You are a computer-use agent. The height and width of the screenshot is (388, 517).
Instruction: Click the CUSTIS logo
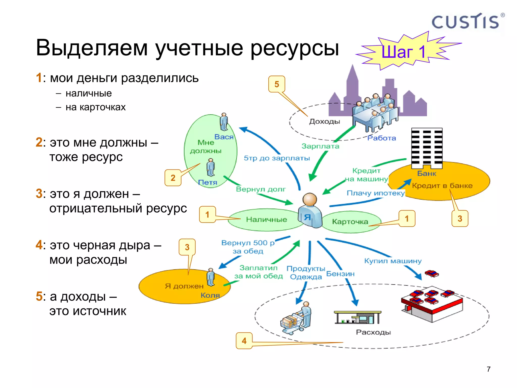(466, 22)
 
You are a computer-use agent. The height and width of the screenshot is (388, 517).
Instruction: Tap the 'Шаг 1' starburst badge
(404, 52)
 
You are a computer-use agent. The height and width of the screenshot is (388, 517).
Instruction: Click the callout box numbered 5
(277, 84)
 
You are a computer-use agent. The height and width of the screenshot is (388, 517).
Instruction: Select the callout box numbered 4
(244, 341)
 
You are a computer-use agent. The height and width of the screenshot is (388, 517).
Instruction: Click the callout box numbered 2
(173, 178)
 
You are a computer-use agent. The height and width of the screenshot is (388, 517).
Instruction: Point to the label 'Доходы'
(325, 122)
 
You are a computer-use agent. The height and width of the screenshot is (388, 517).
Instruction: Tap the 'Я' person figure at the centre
(310, 211)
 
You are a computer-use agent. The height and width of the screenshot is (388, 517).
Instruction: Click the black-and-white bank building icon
(427, 148)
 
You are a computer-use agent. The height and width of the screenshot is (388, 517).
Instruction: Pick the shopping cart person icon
(297, 318)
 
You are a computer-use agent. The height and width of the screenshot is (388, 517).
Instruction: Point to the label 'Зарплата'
(320, 146)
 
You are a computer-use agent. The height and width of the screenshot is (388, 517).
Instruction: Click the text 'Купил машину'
(393, 261)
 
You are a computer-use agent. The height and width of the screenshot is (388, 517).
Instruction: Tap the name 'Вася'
(224, 137)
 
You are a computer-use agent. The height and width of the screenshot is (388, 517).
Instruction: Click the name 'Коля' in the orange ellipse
(210, 295)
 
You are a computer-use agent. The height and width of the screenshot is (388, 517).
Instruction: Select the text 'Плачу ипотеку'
(376, 193)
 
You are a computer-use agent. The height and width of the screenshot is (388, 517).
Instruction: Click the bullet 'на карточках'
(95, 107)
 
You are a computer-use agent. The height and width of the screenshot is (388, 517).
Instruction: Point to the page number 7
(488, 369)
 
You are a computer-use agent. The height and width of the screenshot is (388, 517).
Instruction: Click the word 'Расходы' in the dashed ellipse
(373, 332)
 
